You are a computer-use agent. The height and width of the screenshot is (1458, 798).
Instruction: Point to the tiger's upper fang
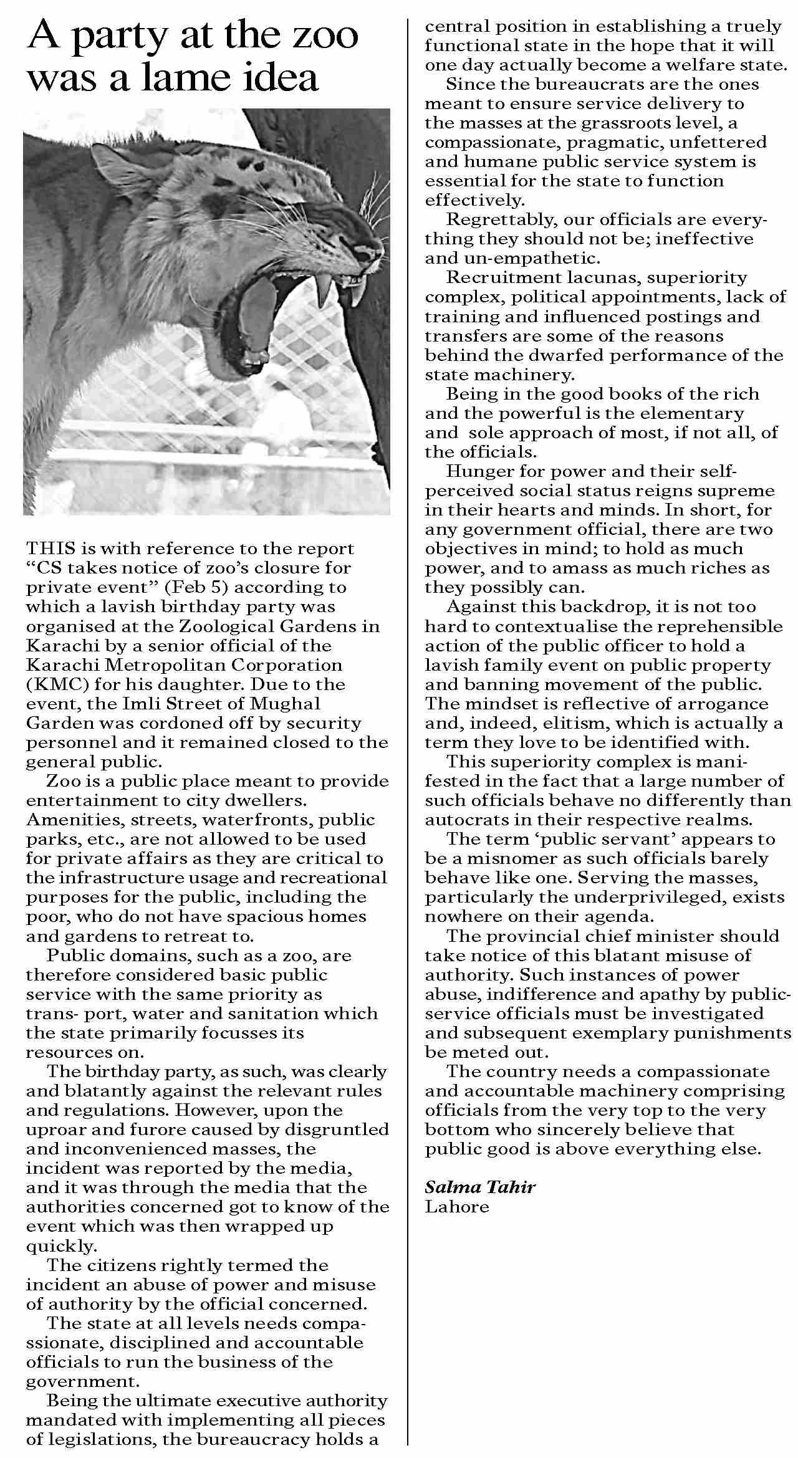pos(324,290)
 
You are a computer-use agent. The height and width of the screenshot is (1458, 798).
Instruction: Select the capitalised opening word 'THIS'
pos(50,549)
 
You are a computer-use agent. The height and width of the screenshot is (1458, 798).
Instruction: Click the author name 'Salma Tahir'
pos(480,1187)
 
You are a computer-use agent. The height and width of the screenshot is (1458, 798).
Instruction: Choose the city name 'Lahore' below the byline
pos(457,1207)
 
